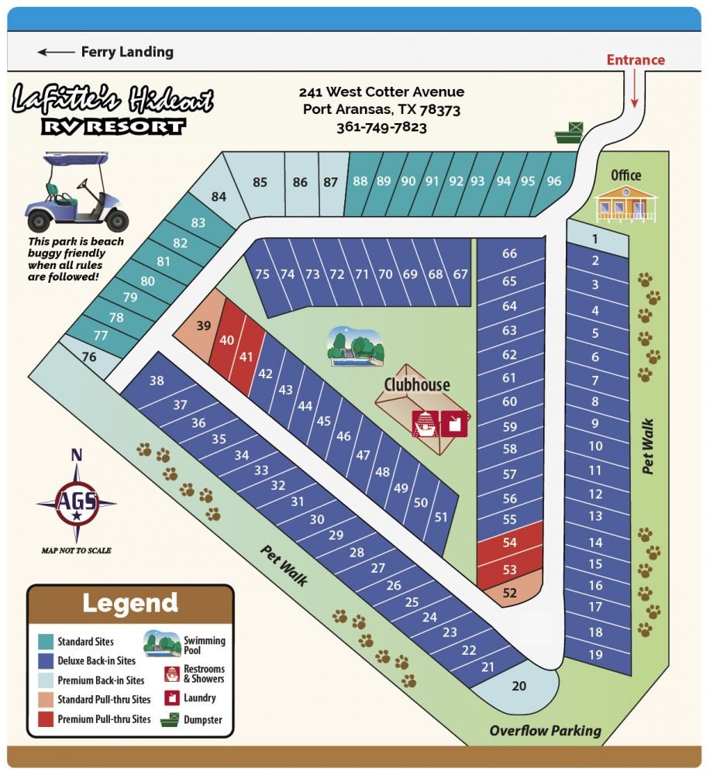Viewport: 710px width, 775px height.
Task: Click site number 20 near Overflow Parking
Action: pyautogui.click(x=519, y=685)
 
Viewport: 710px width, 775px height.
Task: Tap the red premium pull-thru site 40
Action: pyautogui.click(x=227, y=339)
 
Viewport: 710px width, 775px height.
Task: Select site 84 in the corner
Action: pyautogui.click(x=219, y=197)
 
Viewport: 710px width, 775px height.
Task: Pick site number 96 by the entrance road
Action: pyautogui.click(x=553, y=181)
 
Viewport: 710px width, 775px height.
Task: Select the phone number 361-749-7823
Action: pyautogui.click(x=381, y=127)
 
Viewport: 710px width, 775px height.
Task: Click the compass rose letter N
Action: pyautogui.click(x=76, y=456)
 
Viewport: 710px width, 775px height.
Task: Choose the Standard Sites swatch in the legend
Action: pyautogui.click(x=46, y=642)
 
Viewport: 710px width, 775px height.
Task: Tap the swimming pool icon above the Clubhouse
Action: pyautogui.click(x=355, y=346)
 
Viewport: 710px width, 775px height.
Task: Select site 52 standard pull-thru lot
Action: pyautogui.click(x=509, y=593)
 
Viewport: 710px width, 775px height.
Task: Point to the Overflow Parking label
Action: pyautogui.click(x=545, y=730)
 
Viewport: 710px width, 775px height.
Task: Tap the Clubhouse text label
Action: pyautogui.click(x=416, y=384)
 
